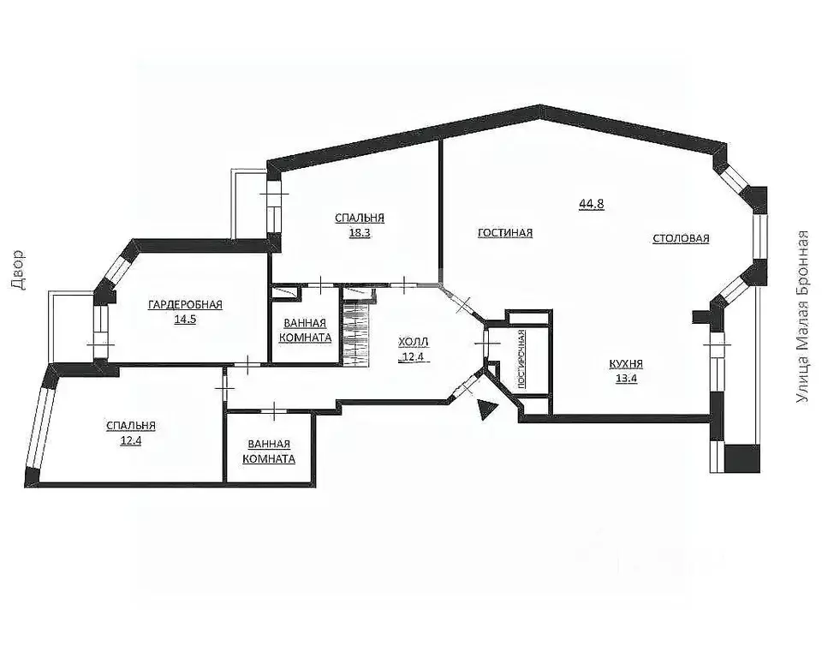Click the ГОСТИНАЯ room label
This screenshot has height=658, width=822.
(x=505, y=232)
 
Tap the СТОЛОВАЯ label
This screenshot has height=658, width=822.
(x=681, y=238)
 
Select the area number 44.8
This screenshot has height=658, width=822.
(x=592, y=204)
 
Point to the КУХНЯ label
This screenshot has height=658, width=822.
(x=626, y=363)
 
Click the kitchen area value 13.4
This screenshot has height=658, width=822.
(x=627, y=379)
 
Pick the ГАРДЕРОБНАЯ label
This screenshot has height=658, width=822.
(x=186, y=304)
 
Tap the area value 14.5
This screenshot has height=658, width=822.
(x=186, y=319)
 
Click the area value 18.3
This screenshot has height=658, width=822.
(x=360, y=232)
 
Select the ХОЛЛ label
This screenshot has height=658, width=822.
(x=414, y=342)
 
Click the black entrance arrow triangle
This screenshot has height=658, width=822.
(x=486, y=409)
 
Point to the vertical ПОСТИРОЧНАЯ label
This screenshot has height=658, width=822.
(x=521, y=359)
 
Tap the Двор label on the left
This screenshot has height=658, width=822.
(x=17, y=270)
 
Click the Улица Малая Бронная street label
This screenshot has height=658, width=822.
(x=802, y=318)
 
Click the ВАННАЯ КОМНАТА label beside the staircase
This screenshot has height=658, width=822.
(x=305, y=331)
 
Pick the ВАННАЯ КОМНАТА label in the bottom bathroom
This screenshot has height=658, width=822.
(x=269, y=452)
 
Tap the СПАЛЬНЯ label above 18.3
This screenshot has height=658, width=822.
(x=360, y=218)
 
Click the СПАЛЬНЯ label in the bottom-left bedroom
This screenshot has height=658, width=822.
(x=130, y=426)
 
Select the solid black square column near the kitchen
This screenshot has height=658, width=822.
(x=742, y=458)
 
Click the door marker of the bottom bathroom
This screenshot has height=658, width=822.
(x=274, y=411)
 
